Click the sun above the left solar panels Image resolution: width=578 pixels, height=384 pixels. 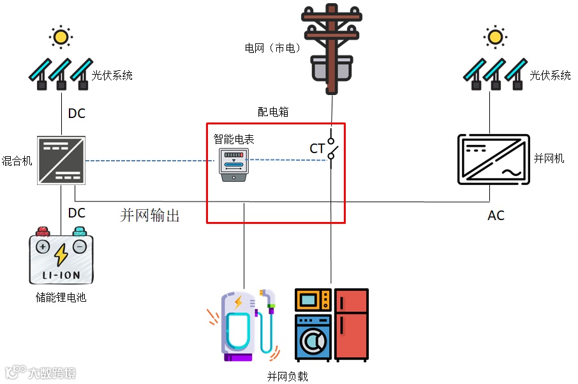pyautogui.click(x=61, y=37)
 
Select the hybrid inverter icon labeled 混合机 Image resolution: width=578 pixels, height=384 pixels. pyautogui.click(x=61, y=160)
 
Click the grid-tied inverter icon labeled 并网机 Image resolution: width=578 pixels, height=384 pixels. pyautogui.click(x=493, y=159)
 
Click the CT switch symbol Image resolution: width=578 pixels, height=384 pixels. pyautogui.click(x=331, y=148)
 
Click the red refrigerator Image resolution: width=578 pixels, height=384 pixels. pyautogui.click(x=352, y=325)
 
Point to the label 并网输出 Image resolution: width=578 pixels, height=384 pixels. pyautogui.click(x=150, y=216)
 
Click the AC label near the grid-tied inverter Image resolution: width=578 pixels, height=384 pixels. pyautogui.click(x=496, y=216)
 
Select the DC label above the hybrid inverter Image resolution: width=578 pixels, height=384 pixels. pyautogui.click(x=77, y=114)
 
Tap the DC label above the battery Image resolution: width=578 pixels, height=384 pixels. pyautogui.click(x=77, y=212)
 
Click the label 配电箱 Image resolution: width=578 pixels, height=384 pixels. pyautogui.click(x=273, y=112)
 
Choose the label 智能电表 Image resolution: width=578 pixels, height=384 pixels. pyautogui.click(x=233, y=138)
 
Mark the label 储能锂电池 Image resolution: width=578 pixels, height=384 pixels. pyautogui.click(x=61, y=297)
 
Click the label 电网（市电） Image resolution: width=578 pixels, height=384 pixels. pyautogui.click(x=272, y=48)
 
